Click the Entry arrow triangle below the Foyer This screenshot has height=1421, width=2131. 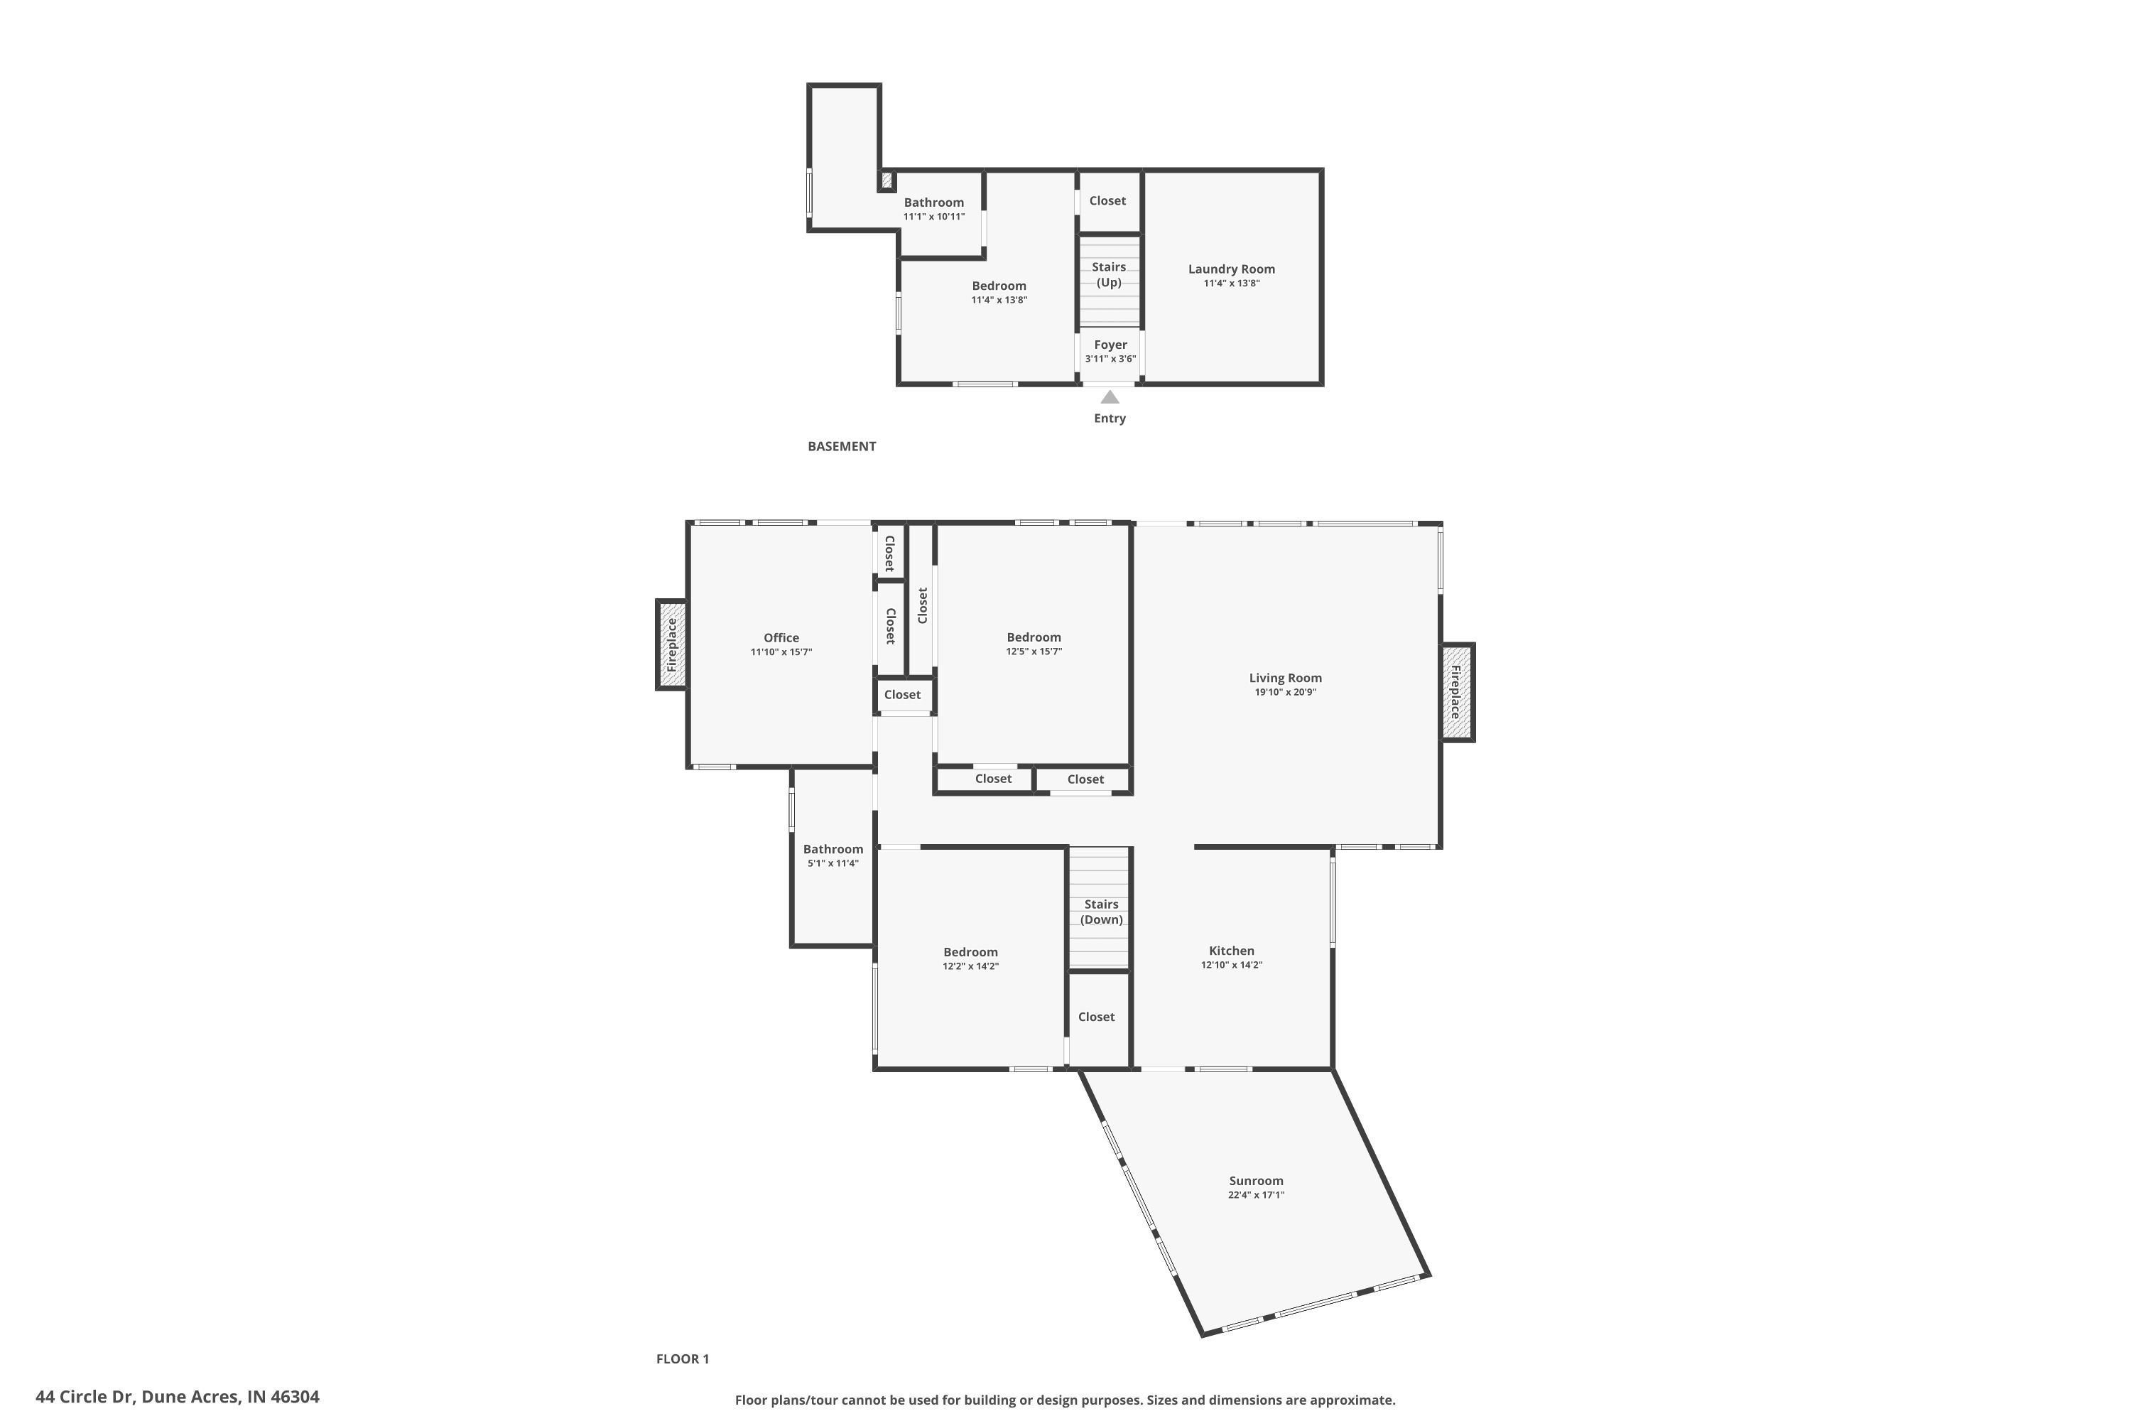[x=1110, y=397]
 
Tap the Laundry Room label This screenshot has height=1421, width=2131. [x=1231, y=269]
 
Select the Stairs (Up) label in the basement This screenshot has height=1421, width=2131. [x=1109, y=274]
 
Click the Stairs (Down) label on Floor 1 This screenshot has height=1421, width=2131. [x=1102, y=912]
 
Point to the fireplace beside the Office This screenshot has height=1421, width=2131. [x=671, y=644]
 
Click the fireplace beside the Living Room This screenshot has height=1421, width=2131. [x=1457, y=692]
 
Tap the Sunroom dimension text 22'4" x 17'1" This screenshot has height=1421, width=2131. [x=1256, y=1194]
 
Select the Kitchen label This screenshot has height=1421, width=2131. [x=1231, y=951]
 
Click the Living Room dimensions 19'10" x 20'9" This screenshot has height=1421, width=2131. [x=1285, y=692]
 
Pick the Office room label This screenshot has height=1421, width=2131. [x=781, y=638]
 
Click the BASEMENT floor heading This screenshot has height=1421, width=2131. [x=842, y=446]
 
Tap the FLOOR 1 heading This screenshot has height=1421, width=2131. [x=682, y=1358]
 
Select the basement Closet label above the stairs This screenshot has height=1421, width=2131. [x=1107, y=200]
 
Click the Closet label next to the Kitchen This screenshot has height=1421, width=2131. [x=1096, y=1017]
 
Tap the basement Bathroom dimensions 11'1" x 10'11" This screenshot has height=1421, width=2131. [x=933, y=217]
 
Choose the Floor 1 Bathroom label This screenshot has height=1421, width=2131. [x=833, y=849]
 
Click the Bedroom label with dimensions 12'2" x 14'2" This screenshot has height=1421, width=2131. [x=970, y=951]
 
